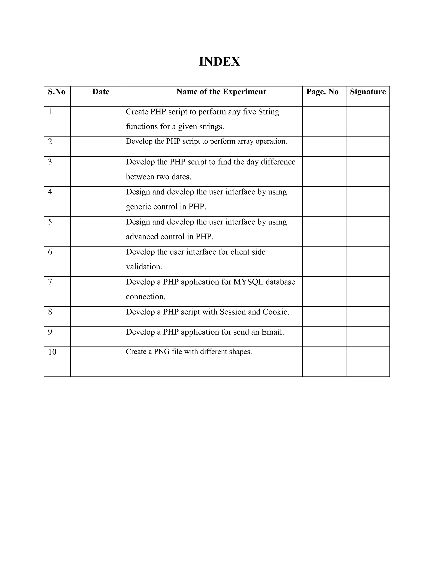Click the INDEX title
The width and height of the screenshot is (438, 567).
219,62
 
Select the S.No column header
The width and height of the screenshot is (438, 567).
56,92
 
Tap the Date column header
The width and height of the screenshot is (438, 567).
101,92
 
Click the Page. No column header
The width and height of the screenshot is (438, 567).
322,92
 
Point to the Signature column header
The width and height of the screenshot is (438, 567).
368,92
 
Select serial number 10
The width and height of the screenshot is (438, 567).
52,352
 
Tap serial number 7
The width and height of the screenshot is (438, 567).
50,282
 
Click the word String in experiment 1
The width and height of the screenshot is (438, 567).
269,112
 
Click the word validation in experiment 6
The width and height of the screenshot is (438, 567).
144,267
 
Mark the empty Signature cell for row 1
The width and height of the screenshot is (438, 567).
368,121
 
